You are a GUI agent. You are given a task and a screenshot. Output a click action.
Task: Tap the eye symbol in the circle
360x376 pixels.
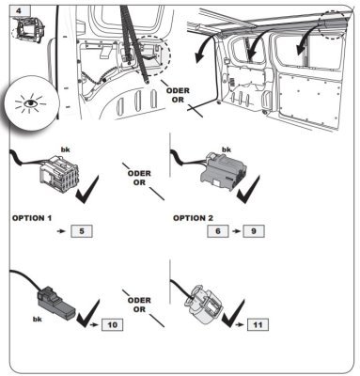pyautogui.click(x=30, y=102)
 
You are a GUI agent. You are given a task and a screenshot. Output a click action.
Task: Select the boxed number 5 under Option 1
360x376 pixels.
pyautogui.click(x=82, y=231)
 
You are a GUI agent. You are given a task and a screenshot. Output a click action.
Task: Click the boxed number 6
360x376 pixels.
pyautogui.click(x=218, y=231)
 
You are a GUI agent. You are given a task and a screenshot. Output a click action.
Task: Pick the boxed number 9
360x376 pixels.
pyautogui.click(x=254, y=231)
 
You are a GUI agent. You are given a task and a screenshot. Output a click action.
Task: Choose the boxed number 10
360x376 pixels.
pyautogui.click(x=112, y=324)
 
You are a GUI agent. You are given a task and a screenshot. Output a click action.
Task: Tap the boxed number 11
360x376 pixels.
pyautogui.click(x=258, y=324)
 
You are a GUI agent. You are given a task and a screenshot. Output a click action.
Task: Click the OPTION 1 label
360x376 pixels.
pyautogui.click(x=32, y=218)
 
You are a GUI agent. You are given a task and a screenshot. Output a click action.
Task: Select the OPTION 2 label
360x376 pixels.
pyautogui.click(x=193, y=218)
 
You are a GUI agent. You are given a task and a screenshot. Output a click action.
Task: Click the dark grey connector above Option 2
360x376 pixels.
pyautogui.click(x=224, y=172)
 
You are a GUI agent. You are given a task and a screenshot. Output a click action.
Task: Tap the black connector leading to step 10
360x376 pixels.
pyautogui.click(x=56, y=302)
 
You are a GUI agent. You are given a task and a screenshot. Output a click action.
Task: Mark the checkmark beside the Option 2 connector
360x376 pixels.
pyautogui.click(x=248, y=189)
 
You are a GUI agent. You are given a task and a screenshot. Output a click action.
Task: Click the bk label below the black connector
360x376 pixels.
pyautogui.click(x=38, y=320)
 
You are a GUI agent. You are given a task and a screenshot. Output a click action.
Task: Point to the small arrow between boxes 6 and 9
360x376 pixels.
pyautogui.click(x=236, y=231)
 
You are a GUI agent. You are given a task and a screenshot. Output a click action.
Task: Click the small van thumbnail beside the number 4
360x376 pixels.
pyautogui.click(x=28, y=29)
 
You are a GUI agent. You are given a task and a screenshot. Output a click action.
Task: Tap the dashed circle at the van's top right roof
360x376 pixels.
pyautogui.click(x=334, y=24)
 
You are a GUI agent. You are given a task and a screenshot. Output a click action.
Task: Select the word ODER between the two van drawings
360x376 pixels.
pyautogui.click(x=178, y=91)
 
